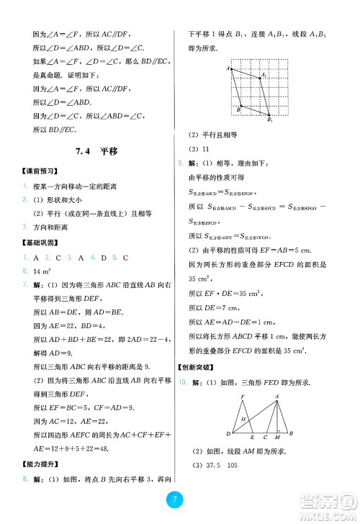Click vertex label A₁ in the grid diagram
coord(265,75)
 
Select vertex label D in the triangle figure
coord(228,434)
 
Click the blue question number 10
coord(182,384)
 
